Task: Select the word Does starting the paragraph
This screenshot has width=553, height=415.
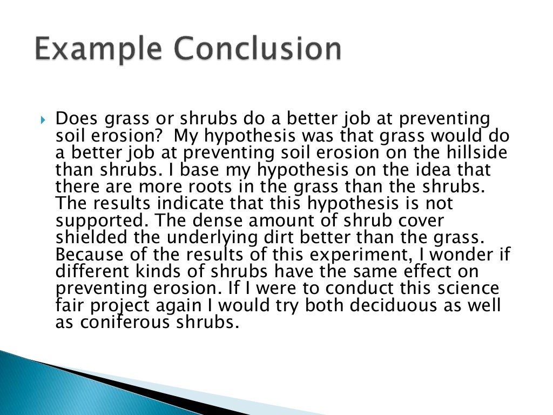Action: coord(76,118)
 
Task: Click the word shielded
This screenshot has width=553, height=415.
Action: coord(90,237)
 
